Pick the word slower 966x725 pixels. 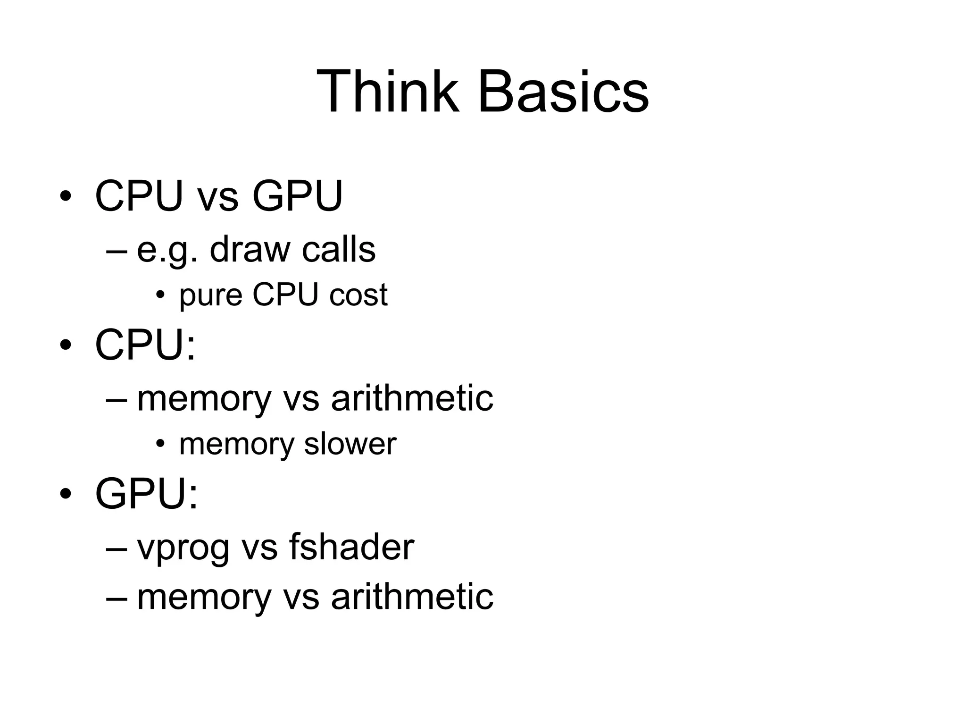point(350,444)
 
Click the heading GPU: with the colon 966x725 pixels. point(146,494)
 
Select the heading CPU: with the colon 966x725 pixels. point(145,345)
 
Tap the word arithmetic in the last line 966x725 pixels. point(412,597)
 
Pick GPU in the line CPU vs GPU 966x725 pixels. point(297,196)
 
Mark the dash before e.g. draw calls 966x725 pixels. point(117,251)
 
